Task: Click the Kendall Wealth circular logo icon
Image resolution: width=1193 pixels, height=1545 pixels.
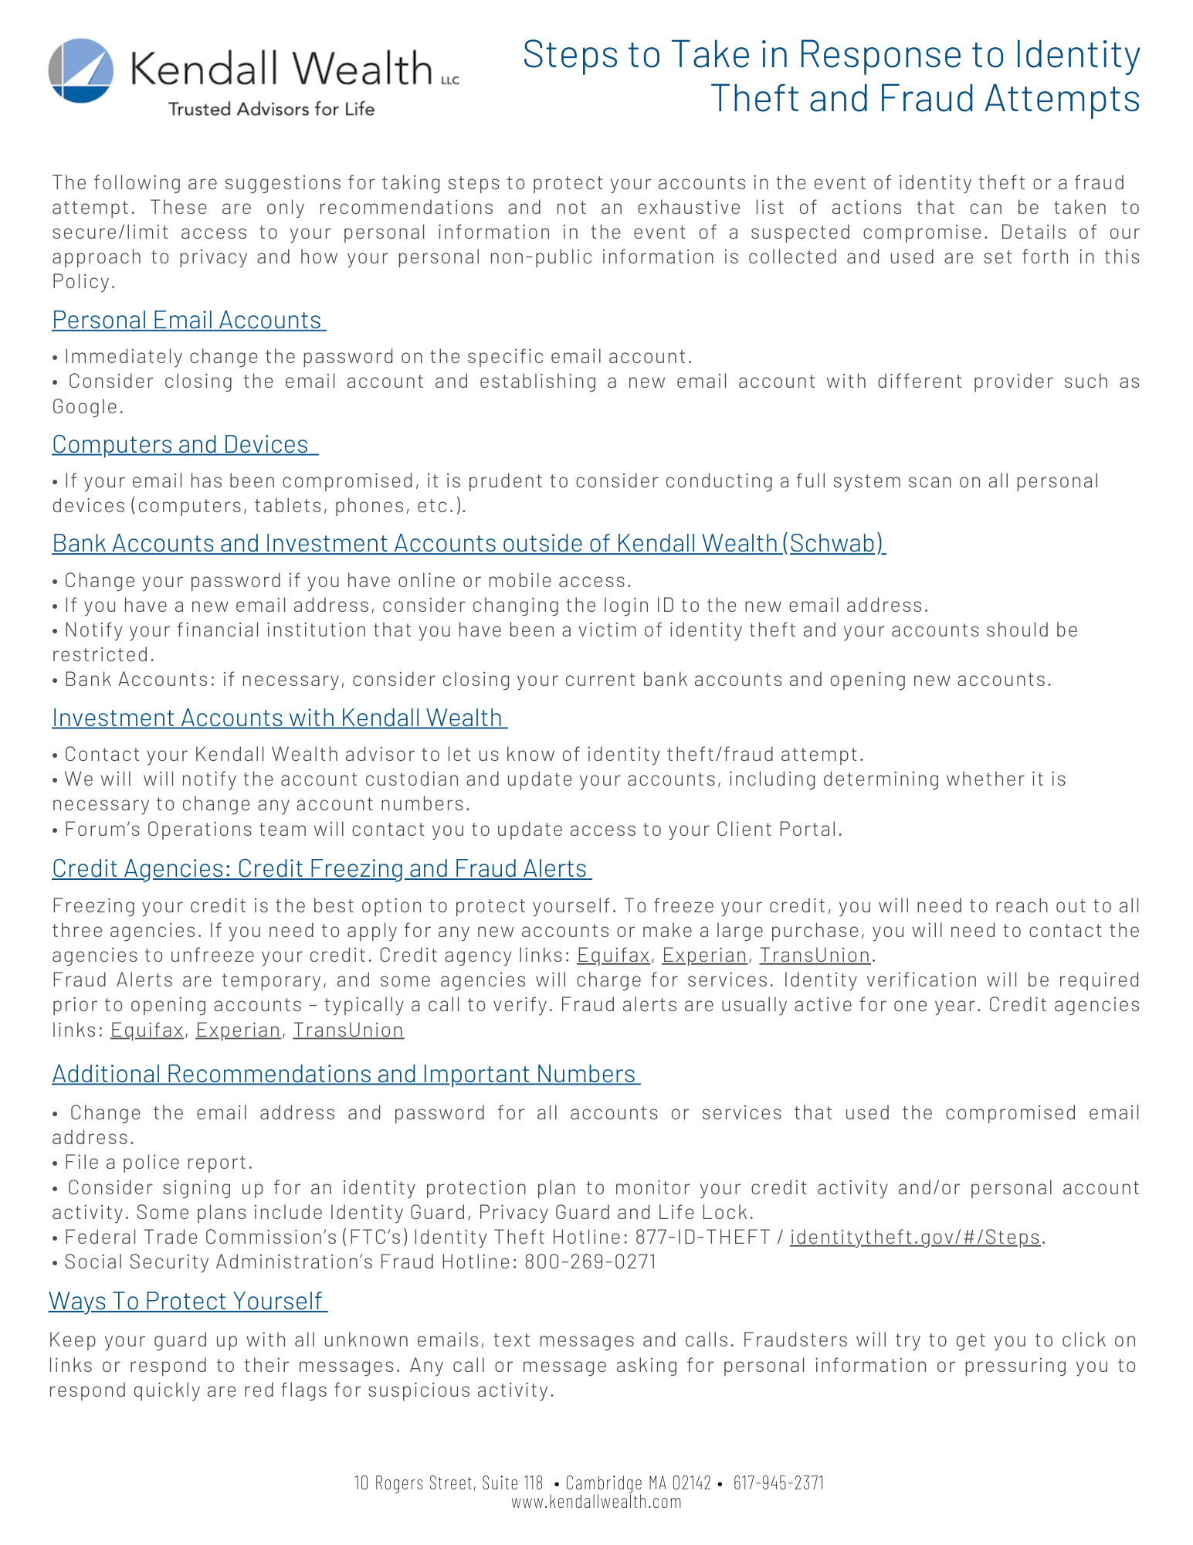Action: click(81, 70)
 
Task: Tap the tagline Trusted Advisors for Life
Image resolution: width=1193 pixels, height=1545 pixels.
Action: click(271, 109)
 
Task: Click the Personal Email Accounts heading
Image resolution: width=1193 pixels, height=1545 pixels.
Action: click(188, 320)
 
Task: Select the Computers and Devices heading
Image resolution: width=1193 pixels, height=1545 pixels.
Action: click(184, 444)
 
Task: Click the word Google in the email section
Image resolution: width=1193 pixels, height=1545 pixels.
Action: click(86, 406)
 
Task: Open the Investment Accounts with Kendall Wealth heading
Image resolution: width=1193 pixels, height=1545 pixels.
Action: click(278, 718)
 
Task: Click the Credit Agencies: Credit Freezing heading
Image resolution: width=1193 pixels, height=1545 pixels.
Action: click(320, 868)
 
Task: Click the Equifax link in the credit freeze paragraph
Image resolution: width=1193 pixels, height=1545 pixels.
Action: click(613, 956)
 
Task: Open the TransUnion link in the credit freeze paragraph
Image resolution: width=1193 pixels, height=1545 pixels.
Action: click(815, 956)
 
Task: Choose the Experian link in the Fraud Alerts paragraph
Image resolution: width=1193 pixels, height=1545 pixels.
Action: click(238, 1031)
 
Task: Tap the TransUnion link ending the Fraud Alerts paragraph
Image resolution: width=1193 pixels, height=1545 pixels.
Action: click(348, 1031)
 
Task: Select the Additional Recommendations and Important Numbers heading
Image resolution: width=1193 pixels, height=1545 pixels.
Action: click(344, 1074)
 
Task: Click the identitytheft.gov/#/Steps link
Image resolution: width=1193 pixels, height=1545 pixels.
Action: click(915, 1237)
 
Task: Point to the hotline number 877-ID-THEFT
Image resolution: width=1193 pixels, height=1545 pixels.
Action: click(702, 1237)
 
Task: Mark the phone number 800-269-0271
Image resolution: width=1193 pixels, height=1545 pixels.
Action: click(590, 1261)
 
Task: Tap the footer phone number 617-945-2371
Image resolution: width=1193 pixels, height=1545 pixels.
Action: click(778, 1482)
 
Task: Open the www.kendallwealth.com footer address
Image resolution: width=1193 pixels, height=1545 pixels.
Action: click(596, 1501)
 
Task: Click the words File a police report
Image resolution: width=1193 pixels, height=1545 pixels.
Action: click(158, 1163)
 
